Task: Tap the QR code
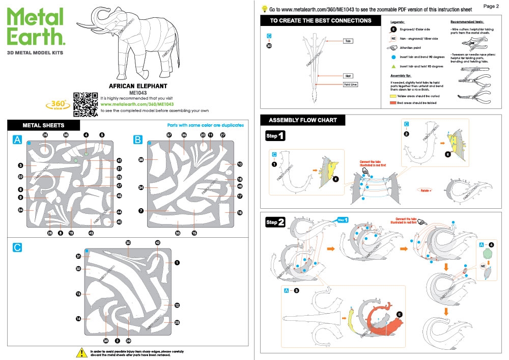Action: click(85, 101)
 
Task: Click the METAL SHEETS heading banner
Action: click(44, 125)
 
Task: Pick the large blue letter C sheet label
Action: click(17, 247)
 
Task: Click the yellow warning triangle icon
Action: click(80, 352)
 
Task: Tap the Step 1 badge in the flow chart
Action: click(275, 136)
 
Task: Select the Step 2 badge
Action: click(275, 223)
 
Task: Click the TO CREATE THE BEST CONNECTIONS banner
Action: click(320, 21)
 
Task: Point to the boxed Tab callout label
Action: click(348, 41)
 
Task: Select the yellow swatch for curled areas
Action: click(393, 96)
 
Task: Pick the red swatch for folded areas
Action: click(393, 103)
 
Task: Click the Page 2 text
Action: click(491, 6)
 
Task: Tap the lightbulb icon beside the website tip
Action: click(264, 9)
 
